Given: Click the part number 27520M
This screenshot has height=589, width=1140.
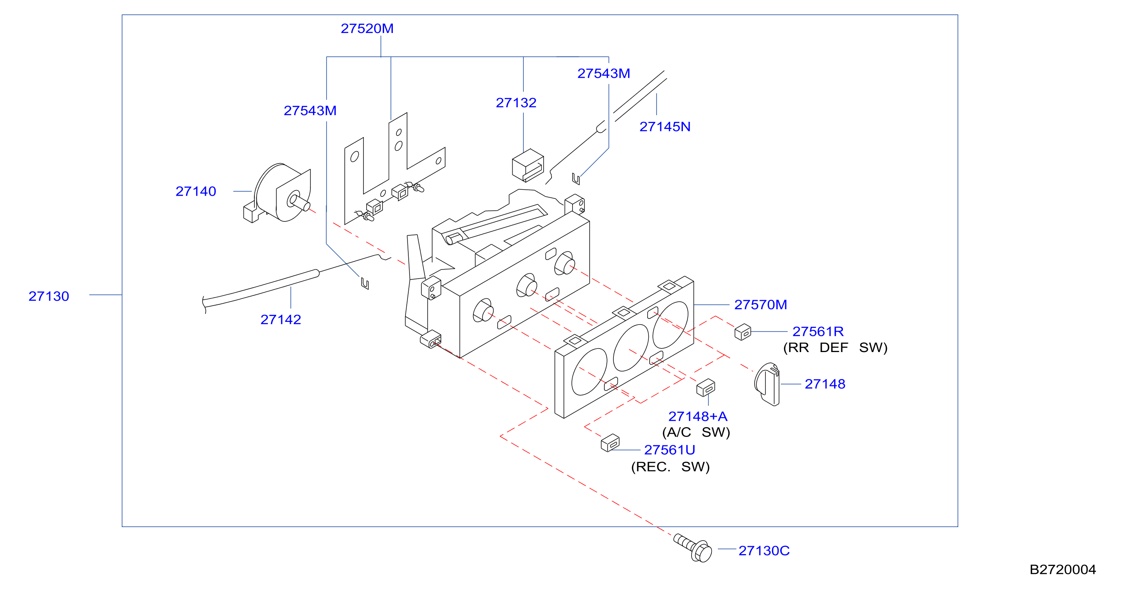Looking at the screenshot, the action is click(x=367, y=29).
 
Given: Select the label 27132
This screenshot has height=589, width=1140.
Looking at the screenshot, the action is click(x=516, y=103).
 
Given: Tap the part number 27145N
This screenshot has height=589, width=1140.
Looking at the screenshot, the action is click(x=665, y=127).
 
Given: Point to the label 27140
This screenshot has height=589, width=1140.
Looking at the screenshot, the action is click(x=196, y=192).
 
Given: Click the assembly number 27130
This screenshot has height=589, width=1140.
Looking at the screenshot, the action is click(x=49, y=296).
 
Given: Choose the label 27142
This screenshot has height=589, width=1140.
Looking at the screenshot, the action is click(x=281, y=320).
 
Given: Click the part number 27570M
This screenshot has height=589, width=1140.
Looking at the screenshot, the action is click(x=761, y=305).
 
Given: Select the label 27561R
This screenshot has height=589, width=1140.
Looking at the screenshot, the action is click(x=818, y=331).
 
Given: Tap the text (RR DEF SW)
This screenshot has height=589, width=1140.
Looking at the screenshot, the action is click(x=835, y=348).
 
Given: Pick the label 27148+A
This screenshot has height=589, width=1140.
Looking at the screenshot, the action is click(x=698, y=416).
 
